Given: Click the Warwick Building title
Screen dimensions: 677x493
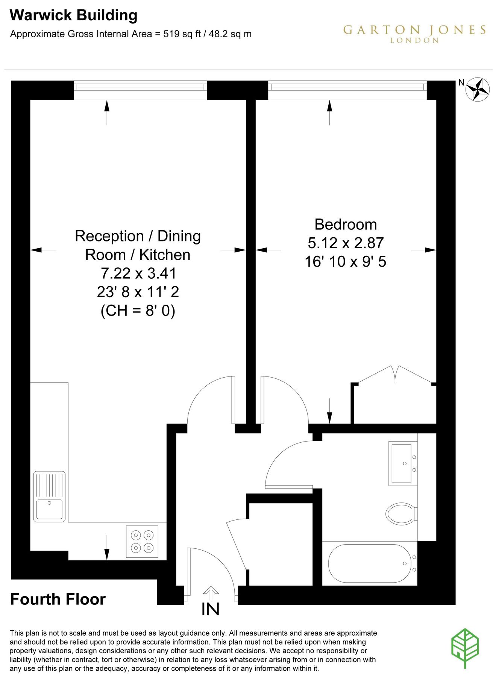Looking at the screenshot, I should [x=73, y=15].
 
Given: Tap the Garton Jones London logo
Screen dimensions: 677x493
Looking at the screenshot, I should [x=414, y=33].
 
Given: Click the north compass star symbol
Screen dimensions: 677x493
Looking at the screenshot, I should [x=477, y=89].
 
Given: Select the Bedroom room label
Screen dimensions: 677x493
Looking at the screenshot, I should [x=346, y=225].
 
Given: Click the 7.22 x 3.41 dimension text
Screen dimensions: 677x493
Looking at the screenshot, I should [x=138, y=273].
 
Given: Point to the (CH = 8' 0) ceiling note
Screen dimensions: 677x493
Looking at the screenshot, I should [x=138, y=311].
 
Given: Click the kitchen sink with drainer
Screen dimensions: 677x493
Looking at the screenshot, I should [x=49, y=496].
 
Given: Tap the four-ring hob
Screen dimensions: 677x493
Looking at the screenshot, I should [x=142, y=541].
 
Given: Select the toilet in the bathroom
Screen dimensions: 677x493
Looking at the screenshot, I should [x=401, y=513].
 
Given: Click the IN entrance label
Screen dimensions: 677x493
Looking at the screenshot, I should [x=210, y=609].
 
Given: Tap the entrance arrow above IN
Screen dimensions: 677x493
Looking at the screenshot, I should [x=211, y=592].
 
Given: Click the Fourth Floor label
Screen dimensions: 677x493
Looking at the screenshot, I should [x=58, y=599].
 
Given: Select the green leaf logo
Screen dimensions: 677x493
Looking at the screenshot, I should [x=465, y=648].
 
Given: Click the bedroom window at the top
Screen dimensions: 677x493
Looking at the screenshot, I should [x=347, y=87].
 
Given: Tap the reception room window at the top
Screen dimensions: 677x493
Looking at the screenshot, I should [x=140, y=87].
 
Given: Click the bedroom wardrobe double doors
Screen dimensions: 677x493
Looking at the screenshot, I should [x=395, y=375].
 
